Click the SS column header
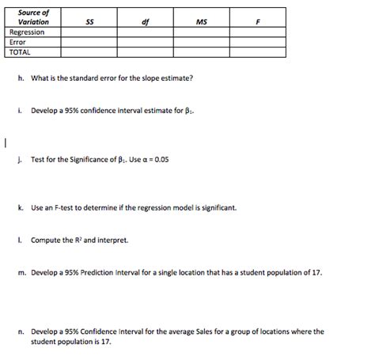tap(89, 22)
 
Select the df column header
tap(145, 22)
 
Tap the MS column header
tap(201, 22)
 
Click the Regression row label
tap(27, 32)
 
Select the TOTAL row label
tap(20, 52)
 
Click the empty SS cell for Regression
tap(89, 32)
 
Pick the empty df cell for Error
tap(145, 42)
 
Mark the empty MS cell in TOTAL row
tap(201, 52)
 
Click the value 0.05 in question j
tap(161, 159)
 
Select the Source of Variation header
tap(33, 17)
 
